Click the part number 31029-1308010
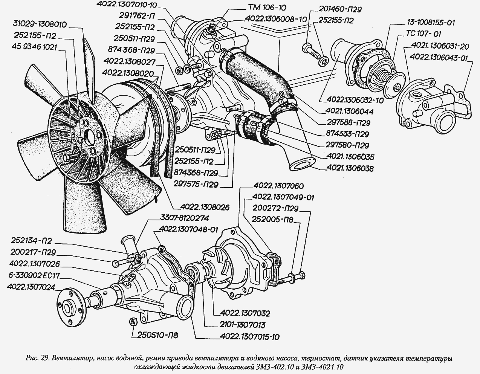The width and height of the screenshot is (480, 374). [x=39, y=25]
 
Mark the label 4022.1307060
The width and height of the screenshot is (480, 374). [x=278, y=186]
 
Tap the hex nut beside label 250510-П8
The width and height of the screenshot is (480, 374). [x=132, y=322]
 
